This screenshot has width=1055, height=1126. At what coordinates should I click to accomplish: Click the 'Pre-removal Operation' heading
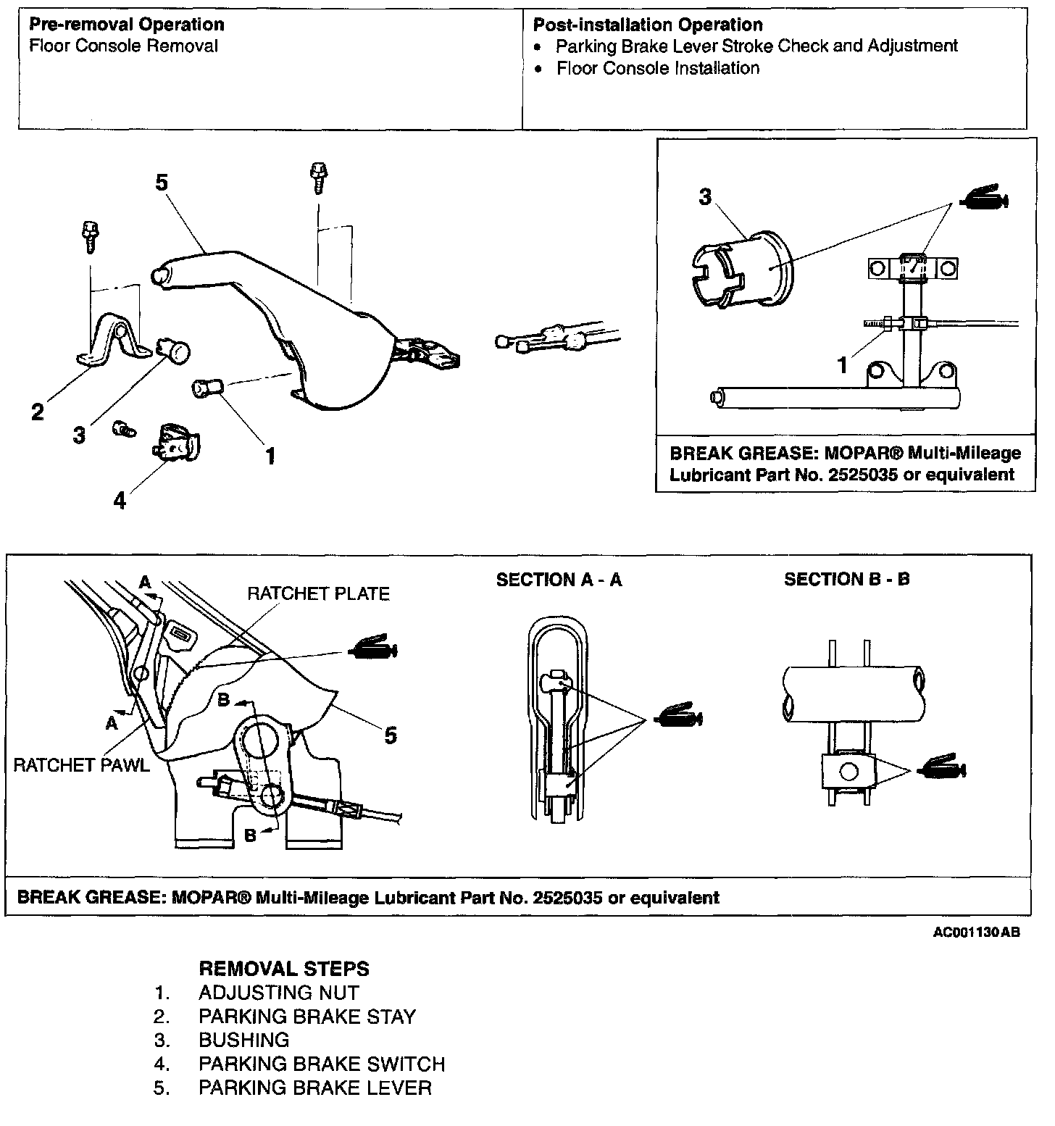tap(127, 25)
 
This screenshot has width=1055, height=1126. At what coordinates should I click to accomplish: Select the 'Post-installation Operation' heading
tap(648, 25)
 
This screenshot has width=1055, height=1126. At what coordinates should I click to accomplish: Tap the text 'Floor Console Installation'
tap(658, 69)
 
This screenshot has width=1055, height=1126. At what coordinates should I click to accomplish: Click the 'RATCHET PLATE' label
tap(318, 594)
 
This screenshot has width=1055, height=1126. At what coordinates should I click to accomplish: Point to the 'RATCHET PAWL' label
tap(82, 766)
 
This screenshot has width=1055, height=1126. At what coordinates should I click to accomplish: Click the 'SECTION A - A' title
tap(559, 580)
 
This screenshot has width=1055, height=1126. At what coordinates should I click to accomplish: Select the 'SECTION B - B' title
tap(846, 580)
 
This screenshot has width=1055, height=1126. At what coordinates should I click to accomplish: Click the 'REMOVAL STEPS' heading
tap(283, 969)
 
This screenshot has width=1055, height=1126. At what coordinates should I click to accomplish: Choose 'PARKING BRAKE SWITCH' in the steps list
tap(322, 1064)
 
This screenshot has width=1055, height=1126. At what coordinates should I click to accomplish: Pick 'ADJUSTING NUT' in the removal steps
tap(279, 993)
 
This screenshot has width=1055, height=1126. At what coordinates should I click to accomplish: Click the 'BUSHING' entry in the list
tap(244, 1040)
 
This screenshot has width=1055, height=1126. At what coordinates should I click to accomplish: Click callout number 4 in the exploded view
tap(120, 500)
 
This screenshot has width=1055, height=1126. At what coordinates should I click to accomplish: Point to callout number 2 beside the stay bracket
tap(38, 412)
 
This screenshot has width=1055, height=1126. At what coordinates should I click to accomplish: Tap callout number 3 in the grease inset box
tap(705, 197)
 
